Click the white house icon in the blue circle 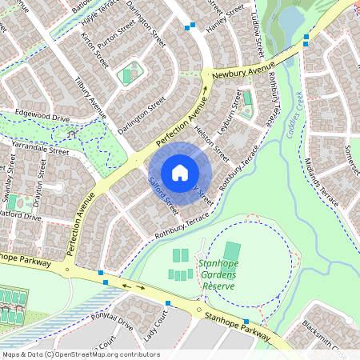pos(180,172)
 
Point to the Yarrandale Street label pos(35,149)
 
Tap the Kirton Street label pos(95,50)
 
